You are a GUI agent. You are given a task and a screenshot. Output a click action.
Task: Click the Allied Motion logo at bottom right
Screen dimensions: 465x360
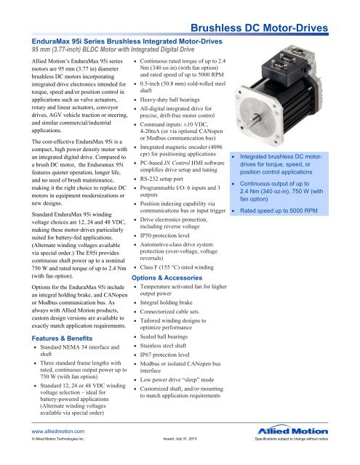point(320,445)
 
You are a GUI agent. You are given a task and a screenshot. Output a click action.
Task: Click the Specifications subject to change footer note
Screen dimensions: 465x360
point(306,460)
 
